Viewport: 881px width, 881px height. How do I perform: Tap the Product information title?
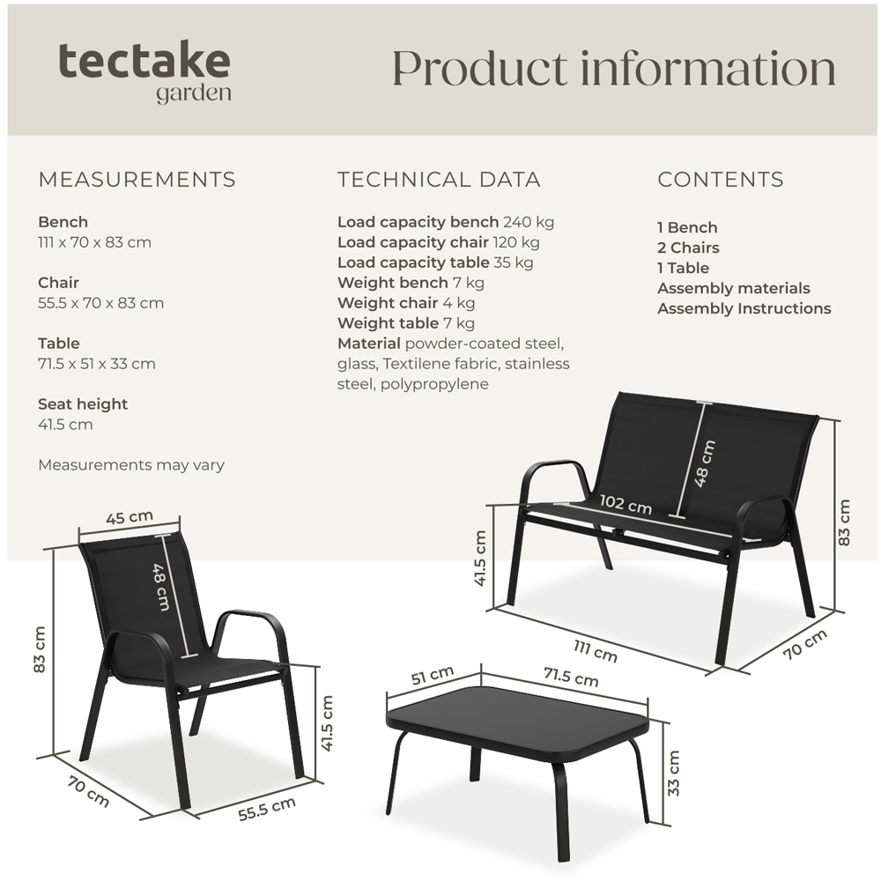613,69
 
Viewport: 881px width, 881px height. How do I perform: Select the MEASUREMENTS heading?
137,180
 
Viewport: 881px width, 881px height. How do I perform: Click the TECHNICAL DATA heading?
439,180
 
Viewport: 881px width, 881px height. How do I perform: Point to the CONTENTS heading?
720,180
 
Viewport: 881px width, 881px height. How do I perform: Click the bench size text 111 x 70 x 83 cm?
94,242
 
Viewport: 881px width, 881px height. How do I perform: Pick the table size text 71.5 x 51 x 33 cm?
97,364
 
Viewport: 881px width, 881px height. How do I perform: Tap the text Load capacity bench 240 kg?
445,222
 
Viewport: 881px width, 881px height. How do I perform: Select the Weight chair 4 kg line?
406,303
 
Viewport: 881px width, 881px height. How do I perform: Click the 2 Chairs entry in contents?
688,248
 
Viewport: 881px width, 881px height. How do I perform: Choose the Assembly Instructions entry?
744,308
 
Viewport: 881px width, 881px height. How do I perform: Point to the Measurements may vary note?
130,465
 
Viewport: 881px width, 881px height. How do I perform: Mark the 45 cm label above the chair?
130,518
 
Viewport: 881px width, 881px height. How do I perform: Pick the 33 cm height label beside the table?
674,773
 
